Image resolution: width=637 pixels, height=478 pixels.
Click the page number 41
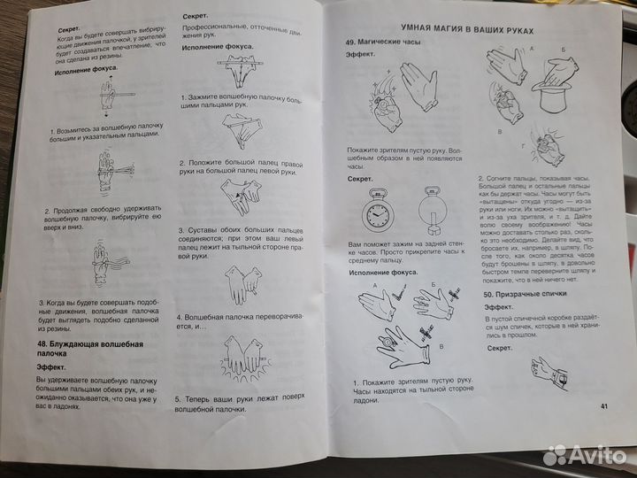[x=604, y=406]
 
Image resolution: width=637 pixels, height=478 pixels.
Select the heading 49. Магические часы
[x=381, y=42]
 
